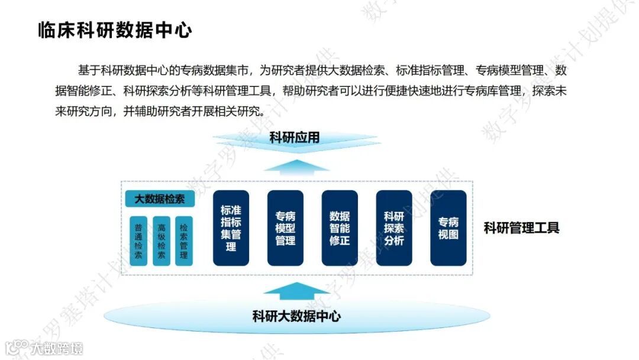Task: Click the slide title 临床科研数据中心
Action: click(x=115, y=30)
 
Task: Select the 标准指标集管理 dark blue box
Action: click(x=231, y=227)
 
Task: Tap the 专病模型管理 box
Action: click(x=285, y=227)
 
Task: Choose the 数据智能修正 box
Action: click(x=340, y=227)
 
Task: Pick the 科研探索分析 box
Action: click(x=394, y=227)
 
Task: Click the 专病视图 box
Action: click(x=448, y=227)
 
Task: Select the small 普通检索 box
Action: click(x=138, y=241)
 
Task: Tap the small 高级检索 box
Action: click(x=162, y=241)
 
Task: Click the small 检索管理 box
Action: click(x=184, y=241)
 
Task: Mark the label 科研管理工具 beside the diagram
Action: click(x=521, y=228)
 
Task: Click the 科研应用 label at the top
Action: click(x=295, y=138)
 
